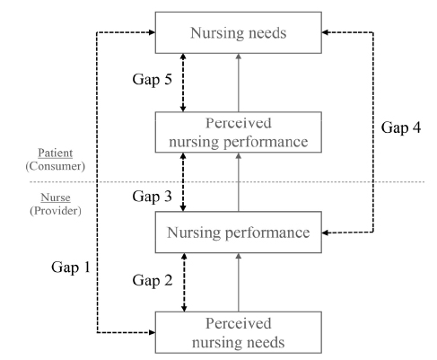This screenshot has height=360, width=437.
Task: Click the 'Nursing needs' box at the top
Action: [239, 32]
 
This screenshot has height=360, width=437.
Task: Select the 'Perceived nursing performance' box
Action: [239, 132]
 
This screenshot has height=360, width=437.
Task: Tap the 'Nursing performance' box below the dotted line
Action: [239, 233]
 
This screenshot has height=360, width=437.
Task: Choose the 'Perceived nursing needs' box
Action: [239, 332]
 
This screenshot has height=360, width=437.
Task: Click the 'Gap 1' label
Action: [71, 267]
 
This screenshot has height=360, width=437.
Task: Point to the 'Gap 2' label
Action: [153, 280]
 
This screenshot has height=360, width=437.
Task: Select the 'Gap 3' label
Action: [152, 197]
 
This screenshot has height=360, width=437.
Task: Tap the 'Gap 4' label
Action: [401, 127]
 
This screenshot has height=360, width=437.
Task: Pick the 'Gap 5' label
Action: [152, 79]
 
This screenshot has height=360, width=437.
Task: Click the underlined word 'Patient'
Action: [56, 153]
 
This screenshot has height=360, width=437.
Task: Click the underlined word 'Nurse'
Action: [56, 198]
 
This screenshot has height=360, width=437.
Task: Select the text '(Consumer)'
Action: [56, 166]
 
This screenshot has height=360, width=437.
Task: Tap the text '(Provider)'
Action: [56, 211]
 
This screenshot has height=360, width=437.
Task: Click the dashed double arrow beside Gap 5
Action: [183, 83]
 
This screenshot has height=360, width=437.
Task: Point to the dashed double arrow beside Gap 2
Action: [184, 282]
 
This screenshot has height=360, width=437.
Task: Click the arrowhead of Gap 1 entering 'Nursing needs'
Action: [153, 32]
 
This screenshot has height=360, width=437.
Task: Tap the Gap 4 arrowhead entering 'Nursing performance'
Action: [325, 233]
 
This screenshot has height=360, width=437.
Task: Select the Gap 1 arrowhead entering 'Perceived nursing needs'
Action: [153, 332]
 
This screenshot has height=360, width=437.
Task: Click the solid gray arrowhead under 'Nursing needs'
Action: [239, 57]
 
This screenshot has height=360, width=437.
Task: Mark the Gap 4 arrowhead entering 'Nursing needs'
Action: [325, 32]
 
